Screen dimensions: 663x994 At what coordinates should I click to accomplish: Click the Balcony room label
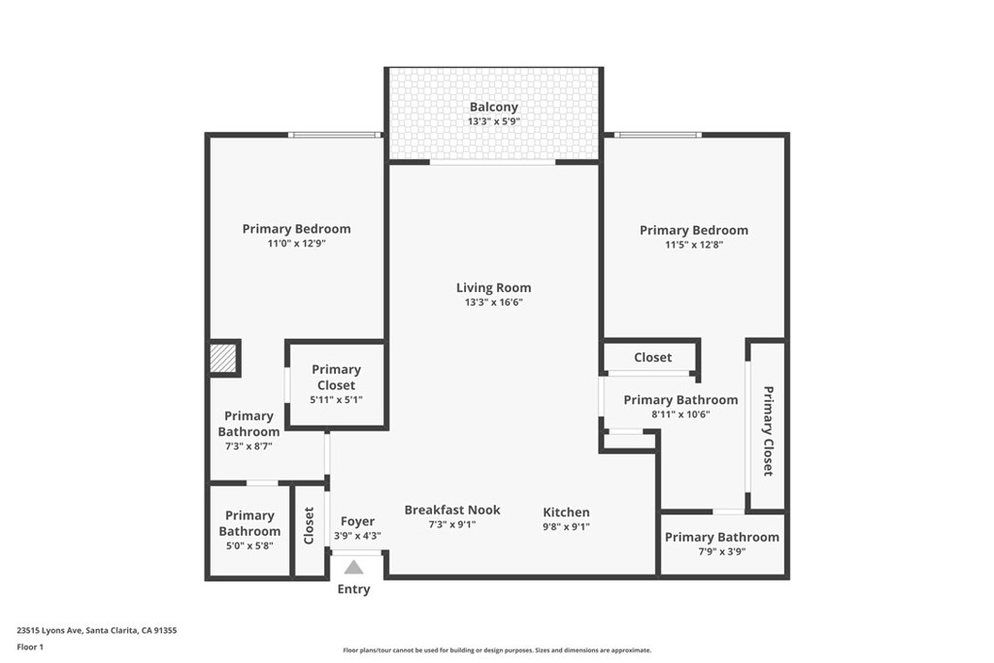point(493,107)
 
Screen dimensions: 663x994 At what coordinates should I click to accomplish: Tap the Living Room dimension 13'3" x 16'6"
point(493,302)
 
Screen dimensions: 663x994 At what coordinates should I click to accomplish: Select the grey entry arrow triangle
point(353,567)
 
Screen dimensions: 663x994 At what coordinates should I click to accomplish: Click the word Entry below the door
point(353,589)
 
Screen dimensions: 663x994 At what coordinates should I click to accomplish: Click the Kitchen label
point(566,513)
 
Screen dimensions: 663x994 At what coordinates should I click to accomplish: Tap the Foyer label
point(357,521)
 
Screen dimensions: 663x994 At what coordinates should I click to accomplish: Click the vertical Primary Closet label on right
point(768,431)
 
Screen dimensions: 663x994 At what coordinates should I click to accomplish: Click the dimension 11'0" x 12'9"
point(296,245)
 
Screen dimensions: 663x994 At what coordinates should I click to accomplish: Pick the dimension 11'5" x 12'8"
point(693,246)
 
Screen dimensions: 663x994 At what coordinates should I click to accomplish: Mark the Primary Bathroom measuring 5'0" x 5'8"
point(249,530)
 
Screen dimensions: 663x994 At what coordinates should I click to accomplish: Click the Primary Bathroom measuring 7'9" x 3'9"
point(721,544)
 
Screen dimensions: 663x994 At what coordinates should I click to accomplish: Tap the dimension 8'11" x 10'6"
point(679,414)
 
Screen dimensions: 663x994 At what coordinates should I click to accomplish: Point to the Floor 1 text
point(30,646)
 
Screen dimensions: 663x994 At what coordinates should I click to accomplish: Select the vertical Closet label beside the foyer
point(309,525)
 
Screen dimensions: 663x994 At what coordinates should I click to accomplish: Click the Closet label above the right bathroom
point(652,357)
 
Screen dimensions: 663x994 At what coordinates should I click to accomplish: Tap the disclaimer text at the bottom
point(496,650)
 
